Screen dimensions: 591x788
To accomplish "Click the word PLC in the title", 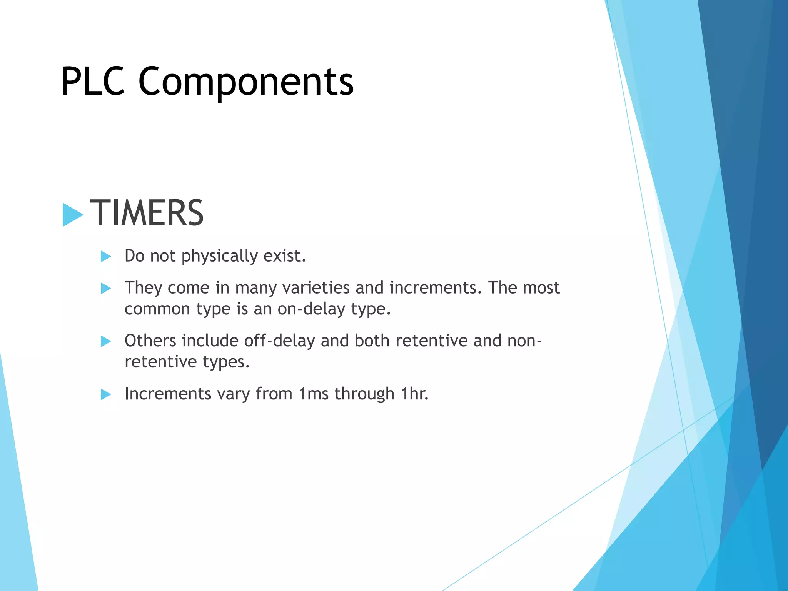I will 93,82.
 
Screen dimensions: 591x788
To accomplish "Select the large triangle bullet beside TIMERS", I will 73,214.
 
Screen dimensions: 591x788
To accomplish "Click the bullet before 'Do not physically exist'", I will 106,256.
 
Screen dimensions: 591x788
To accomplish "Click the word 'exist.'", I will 285,256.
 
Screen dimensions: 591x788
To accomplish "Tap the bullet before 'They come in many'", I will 106,288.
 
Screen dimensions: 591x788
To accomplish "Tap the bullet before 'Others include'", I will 106,341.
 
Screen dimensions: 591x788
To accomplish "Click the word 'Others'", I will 150,341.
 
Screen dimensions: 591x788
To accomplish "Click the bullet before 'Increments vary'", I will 106,394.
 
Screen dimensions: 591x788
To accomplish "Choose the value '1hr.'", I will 414,394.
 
